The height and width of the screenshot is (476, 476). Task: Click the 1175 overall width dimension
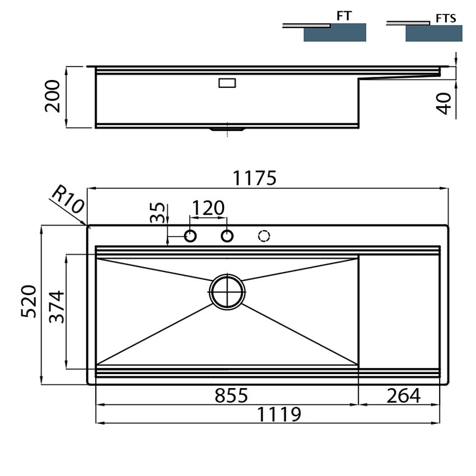pyautogui.click(x=254, y=178)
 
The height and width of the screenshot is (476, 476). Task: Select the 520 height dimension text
pyautogui.click(x=29, y=301)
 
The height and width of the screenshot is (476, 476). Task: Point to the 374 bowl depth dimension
pyautogui.click(x=57, y=307)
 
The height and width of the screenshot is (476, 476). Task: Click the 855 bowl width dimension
pyautogui.click(x=231, y=395)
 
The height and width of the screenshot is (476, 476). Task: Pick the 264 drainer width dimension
pyautogui.click(x=403, y=395)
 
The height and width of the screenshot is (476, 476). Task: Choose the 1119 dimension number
pyautogui.click(x=279, y=414)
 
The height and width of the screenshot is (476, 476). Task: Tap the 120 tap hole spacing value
pyautogui.click(x=208, y=208)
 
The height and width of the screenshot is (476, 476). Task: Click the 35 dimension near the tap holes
pyautogui.click(x=158, y=212)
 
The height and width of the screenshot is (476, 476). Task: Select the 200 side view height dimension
pyautogui.click(x=53, y=96)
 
